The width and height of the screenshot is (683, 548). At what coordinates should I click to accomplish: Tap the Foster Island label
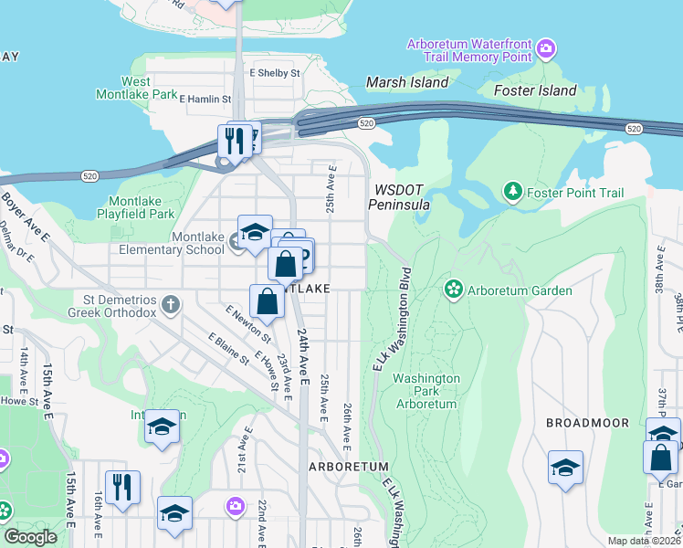tap(535, 90)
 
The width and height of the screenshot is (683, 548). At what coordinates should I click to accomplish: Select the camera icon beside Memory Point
tap(546, 47)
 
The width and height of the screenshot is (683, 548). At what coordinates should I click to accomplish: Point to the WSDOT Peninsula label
tap(398, 197)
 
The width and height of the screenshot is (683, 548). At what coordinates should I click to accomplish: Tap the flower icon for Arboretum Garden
tap(453, 290)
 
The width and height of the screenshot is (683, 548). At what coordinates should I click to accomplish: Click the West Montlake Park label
tap(137, 88)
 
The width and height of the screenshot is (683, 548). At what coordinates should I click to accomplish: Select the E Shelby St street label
tap(275, 73)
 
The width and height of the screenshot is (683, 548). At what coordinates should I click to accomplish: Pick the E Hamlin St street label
tap(206, 98)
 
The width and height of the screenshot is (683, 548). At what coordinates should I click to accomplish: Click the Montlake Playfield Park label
tap(142, 207)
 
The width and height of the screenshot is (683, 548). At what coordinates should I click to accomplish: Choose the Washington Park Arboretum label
tap(426, 390)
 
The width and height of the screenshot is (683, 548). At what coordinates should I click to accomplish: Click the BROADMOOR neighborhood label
tap(587, 423)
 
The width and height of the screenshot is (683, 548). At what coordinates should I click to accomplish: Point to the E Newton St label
tap(244, 325)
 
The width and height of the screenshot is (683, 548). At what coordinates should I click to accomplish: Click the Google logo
tap(30, 537)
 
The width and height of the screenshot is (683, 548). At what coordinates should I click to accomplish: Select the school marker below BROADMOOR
tap(565, 468)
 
